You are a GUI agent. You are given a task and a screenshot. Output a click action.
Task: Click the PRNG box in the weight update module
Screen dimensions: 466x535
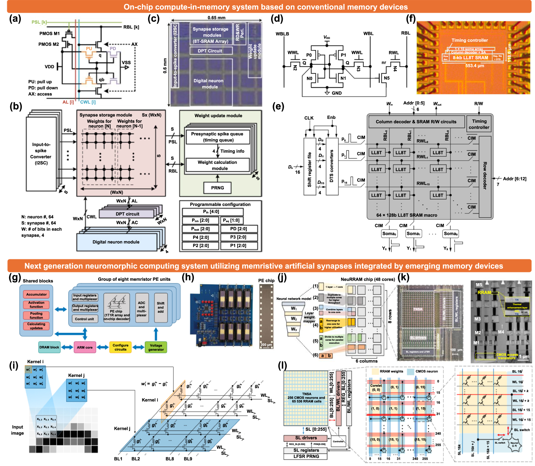(x=217, y=188)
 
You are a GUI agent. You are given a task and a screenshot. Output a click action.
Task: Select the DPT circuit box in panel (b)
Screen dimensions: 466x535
(x=127, y=214)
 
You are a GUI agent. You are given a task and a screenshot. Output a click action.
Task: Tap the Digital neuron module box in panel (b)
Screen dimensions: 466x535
(x=116, y=242)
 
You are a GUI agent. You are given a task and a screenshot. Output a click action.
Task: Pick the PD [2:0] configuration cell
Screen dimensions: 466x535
(x=238, y=229)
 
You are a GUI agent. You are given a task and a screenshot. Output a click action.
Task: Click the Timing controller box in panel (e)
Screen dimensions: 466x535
(x=479, y=124)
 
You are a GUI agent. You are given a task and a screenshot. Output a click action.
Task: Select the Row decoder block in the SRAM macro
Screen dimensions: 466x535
(x=485, y=176)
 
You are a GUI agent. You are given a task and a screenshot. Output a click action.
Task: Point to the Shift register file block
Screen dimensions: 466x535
(x=310, y=166)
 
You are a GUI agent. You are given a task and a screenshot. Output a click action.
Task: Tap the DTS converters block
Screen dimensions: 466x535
(x=332, y=166)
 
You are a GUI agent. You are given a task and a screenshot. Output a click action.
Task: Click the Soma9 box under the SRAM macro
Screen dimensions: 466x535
(x=450, y=234)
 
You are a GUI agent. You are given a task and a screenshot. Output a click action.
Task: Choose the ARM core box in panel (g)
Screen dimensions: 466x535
(x=85, y=347)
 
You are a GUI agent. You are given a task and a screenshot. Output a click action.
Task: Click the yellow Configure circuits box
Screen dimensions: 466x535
(x=121, y=347)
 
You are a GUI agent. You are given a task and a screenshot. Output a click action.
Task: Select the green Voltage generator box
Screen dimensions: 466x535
(x=156, y=347)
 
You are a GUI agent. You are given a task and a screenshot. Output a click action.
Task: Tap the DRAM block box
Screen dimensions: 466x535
(x=49, y=347)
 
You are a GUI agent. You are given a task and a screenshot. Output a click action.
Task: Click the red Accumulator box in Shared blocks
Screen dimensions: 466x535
(x=36, y=294)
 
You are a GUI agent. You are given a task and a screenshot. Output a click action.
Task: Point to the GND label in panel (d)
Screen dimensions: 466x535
(x=336, y=93)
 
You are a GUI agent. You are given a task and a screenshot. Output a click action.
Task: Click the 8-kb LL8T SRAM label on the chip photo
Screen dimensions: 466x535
(x=470, y=58)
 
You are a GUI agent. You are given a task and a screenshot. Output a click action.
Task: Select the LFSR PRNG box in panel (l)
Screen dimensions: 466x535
(x=306, y=456)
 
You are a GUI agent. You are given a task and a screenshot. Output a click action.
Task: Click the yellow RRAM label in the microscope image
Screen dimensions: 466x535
(x=484, y=293)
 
